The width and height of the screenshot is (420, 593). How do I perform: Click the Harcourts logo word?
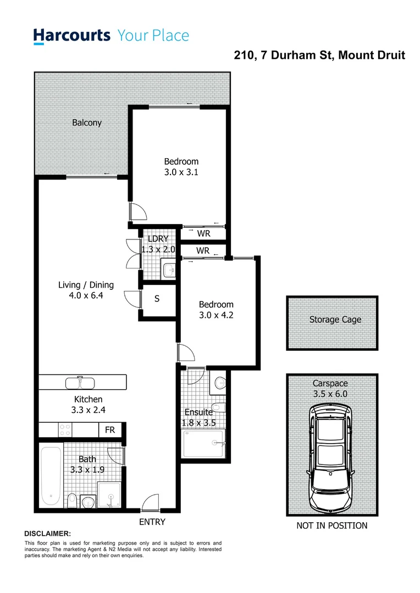(72, 36)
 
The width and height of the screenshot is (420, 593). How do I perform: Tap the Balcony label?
(87, 123)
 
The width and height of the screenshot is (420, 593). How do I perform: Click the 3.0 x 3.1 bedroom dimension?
(181, 172)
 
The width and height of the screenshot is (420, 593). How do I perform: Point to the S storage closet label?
(157, 299)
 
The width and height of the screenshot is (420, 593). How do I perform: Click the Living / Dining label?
(86, 285)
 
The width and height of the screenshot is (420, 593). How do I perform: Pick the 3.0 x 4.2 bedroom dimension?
(216, 315)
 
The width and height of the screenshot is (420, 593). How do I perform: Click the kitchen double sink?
(81, 382)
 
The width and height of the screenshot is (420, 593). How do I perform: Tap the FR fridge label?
(110, 430)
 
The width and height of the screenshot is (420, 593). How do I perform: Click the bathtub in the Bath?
(51, 476)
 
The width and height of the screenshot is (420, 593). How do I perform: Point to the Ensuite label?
(198, 412)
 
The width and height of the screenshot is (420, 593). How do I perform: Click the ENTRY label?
(152, 522)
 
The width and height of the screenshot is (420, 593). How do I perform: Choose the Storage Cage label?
(335, 319)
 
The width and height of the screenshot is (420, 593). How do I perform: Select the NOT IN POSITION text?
(331, 526)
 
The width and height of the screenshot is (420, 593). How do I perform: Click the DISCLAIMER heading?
(48, 534)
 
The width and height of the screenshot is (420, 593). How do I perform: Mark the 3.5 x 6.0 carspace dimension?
(330, 394)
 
